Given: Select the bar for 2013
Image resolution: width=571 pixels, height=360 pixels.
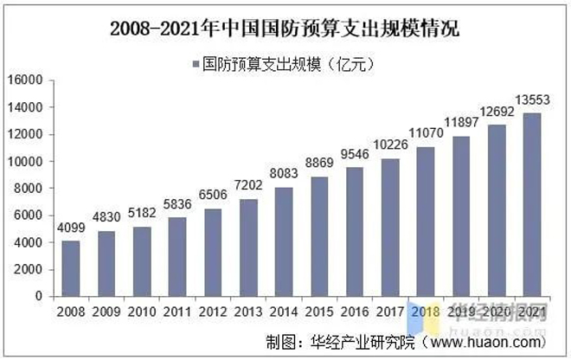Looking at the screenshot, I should tap(249, 247).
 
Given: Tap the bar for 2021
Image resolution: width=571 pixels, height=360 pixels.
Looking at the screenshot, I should tap(532, 204).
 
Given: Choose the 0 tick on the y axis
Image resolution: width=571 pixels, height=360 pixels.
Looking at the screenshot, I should tap(39, 297).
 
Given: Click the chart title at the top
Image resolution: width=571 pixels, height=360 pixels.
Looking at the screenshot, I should tap(285, 29).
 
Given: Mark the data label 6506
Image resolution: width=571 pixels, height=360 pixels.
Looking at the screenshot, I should tap(214, 198).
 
